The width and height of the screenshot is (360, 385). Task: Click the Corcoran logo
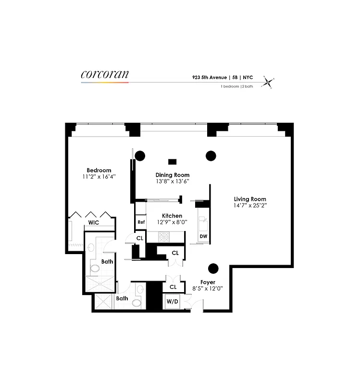point(105,75)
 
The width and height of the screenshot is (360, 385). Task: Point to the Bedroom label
point(99,170)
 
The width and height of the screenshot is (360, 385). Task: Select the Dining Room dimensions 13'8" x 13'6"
point(173,181)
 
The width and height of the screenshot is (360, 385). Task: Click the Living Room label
point(250,199)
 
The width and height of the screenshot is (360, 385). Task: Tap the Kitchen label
point(172,216)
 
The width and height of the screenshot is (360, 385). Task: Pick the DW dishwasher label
point(203,236)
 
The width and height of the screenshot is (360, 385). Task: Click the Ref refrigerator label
point(141,222)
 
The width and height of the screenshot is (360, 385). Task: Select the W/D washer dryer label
point(172,302)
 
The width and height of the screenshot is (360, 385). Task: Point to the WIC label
point(93,223)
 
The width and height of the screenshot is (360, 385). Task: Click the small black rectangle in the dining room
point(172,162)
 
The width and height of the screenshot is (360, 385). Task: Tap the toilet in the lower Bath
point(137,303)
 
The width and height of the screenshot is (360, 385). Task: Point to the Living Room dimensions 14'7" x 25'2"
point(250,205)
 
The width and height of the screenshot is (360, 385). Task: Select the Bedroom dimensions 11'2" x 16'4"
point(99,177)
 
